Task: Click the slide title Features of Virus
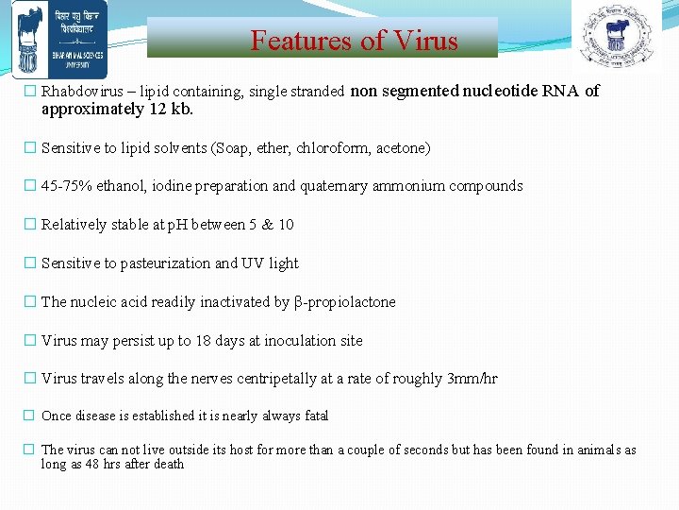354,41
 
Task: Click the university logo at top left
54,39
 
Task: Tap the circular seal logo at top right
617,37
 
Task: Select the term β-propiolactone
344,302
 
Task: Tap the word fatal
317,416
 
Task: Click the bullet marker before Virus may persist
29,341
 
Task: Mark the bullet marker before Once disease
29,416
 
